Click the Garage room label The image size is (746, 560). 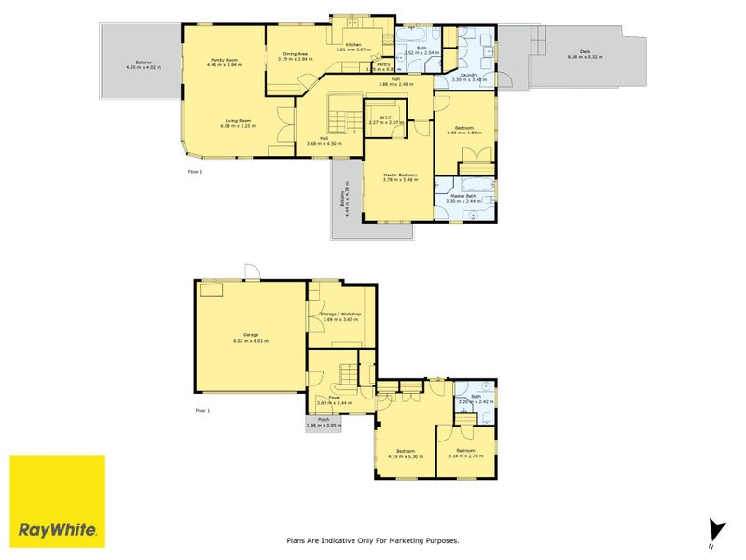[x=251, y=334]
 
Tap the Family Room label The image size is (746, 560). [x=224, y=60]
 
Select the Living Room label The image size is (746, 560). [x=237, y=120]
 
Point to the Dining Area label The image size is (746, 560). [x=296, y=54]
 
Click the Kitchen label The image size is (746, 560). [x=353, y=44]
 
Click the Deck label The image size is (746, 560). [x=585, y=52]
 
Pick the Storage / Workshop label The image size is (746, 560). [x=340, y=315]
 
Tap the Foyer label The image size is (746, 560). [x=334, y=397]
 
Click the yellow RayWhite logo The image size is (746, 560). [x=57, y=501]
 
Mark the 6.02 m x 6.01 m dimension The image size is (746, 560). [x=251, y=341]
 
